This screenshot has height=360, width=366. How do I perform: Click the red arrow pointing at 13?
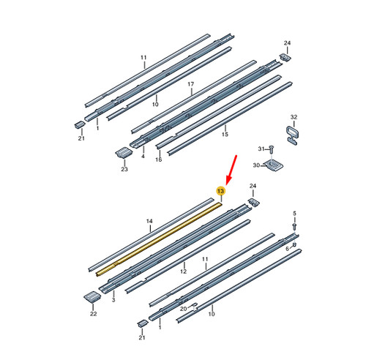(x=231, y=170)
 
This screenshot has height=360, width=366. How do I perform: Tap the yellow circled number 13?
(x=221, y=191)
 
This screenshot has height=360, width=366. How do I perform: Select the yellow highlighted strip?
(x=159, y=240)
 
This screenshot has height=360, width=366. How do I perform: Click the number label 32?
(x=294, y=117)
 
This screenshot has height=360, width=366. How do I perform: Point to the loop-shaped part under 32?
(x=292, y=135)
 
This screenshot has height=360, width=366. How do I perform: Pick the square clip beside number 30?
(x=274, y=165)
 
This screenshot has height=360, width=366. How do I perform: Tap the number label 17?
(x=190, y=84)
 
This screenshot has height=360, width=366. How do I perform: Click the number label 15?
(x=225, y=134)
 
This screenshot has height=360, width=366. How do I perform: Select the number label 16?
(x=159, y=160)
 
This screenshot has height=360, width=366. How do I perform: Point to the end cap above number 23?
(x=124, y=152)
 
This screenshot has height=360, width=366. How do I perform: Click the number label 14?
(x=149, y=221)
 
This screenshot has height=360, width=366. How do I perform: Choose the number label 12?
(x=183, y=271)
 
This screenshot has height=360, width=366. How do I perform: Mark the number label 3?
(x=113, y=300)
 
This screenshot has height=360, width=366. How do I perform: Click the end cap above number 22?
(x=92, y=296)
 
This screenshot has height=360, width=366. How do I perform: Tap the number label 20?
(x=184, y=309)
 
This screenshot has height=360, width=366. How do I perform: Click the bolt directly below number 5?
(x=294, y=225)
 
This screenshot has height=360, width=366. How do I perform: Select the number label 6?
(x=287, y=249)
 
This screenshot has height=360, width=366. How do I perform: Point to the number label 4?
(x=143, y=156)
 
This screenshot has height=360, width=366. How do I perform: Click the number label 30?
(x=256, y=165)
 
